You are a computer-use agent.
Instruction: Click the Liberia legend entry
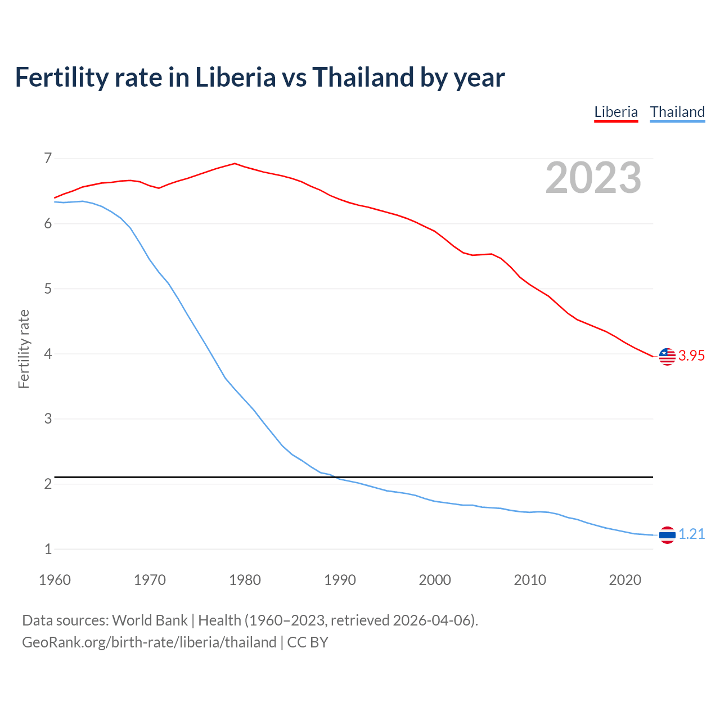(616, 112)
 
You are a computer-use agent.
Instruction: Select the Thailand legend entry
(677, 112)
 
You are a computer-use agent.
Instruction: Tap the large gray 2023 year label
(593, 178)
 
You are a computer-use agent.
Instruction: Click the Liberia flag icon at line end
(667, 356)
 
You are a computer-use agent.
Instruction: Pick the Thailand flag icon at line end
(667, 535)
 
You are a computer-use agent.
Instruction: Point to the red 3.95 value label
(691, 356)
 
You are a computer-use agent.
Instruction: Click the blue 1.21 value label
(691, 534)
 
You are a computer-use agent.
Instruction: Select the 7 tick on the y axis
(48, 159)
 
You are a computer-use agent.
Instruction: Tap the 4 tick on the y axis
(48, 354)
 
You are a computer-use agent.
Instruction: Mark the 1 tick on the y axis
(48, 550)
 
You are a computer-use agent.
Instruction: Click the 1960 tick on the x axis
(55, 580)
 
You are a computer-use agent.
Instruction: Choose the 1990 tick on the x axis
(340, 580)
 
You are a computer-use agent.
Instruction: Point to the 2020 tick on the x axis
(625, 580)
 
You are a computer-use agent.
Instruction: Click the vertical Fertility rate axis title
(24, 349)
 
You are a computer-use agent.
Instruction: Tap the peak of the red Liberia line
(235, 164)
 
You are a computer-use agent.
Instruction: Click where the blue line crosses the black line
(336, 478)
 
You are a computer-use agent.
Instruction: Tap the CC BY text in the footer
(308, 642)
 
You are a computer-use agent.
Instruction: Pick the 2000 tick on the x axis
(435, 580)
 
